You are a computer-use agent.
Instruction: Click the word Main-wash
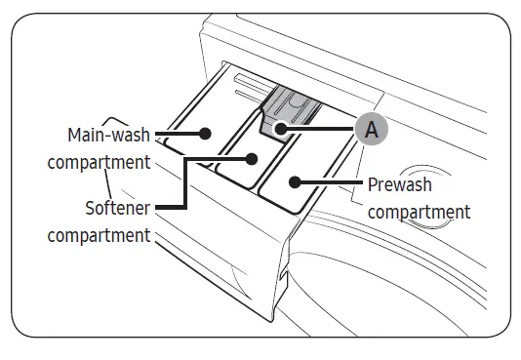tap(108, 135)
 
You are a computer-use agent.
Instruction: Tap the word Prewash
tap(399, 184)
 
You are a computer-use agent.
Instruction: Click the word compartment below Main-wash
tap(99, 160)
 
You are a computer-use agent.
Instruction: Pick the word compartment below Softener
tap(99, 235)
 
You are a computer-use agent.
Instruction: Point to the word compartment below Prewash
tap(420, 212)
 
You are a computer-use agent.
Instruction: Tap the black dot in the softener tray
tap(251, 158)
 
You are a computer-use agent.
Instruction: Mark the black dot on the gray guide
tap(279, 128)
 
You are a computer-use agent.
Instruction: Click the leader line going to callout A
tap(322, 128)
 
